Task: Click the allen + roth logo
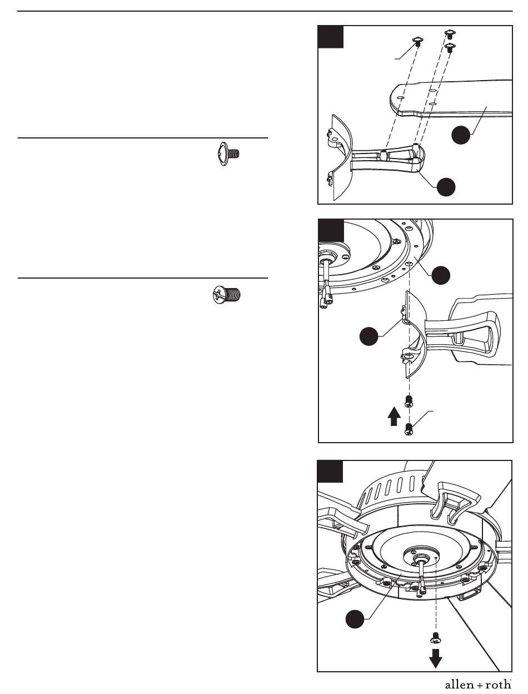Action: click(x=478, y=685)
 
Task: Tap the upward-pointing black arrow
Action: click(x=393, y=416)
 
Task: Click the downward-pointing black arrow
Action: click(x=435, y=658)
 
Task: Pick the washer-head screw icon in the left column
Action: click(x=229, y=154)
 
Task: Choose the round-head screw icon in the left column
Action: click(x=227, y=294)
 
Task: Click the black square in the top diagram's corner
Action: click(x=331, y=37)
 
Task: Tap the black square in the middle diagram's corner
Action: click(x=331, y=230)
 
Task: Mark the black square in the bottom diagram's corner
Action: click(x=330, y=472)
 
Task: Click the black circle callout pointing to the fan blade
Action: click(x=461, y=135)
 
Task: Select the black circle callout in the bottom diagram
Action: click(x=355, y=619)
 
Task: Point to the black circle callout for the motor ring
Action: click(x=441, y=275)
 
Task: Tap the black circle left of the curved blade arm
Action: click(x=368, y=336)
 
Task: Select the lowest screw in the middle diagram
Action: click(x=409, y=429)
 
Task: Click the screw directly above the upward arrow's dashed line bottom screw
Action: click(x=409, y=401)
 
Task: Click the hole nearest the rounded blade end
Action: click(x=401, y=98)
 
